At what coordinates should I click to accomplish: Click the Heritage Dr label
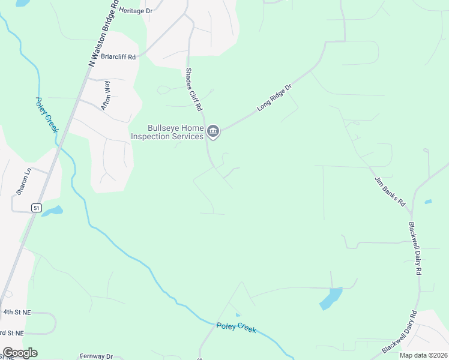click(136, 11)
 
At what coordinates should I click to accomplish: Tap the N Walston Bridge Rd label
click(101, 33)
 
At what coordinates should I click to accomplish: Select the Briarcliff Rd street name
click(118, 57)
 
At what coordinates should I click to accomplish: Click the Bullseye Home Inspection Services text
click(176, 132)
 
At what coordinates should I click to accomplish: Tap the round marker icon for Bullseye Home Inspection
click(213, 131)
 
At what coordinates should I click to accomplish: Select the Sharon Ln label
click(23, 182)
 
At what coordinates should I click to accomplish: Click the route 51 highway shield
click(37, 208)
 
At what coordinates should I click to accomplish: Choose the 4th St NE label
click(16, 313)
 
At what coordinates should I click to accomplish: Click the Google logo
click(20, 353)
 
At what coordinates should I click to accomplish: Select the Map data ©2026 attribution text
click(423, 355)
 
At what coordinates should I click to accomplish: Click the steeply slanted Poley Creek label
click(47, 115)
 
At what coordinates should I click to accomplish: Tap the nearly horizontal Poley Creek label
click(236, 328)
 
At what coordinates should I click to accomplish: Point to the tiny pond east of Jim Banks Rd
click(428, 202)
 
